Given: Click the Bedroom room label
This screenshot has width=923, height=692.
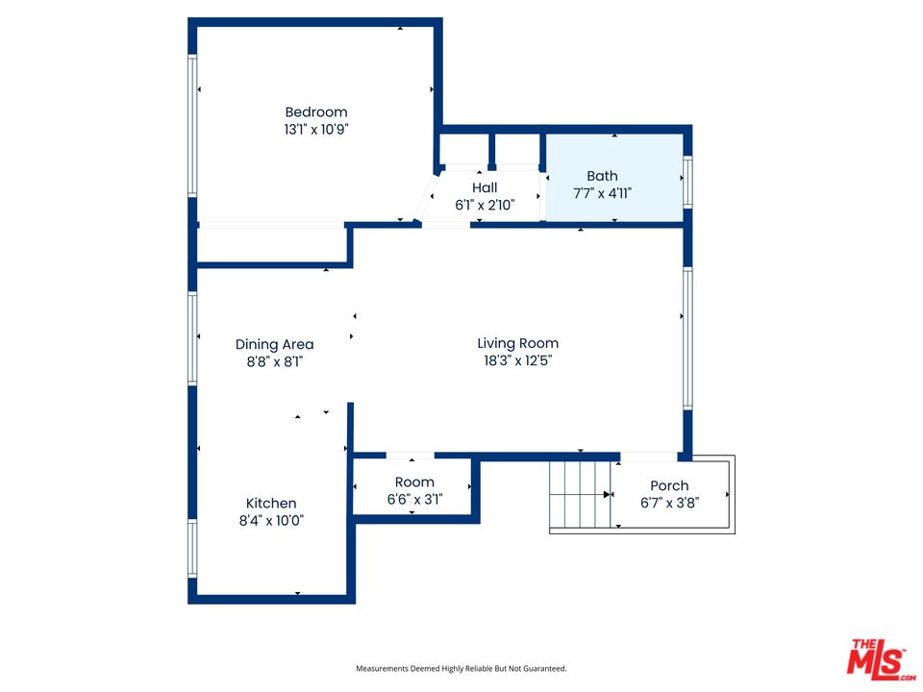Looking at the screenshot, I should (315, 111).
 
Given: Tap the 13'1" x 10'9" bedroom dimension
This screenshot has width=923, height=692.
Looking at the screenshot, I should (315, 129).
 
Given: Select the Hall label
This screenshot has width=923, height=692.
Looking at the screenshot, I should (485, 187).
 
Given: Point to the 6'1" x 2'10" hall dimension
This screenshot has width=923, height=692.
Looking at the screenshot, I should (485, 205).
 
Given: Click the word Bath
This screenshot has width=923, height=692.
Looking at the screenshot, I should (602, 176).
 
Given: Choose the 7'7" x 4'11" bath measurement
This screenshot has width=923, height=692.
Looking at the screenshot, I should (602, 193).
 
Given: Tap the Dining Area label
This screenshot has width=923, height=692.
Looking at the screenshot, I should (274, 344).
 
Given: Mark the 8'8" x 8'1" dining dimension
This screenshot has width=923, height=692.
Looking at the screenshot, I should (274, 361).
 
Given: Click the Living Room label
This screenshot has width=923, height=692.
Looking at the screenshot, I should (517, 343).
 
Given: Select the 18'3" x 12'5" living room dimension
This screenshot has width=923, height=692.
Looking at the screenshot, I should (517, 360).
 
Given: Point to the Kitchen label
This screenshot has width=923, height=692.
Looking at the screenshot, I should (271, 503).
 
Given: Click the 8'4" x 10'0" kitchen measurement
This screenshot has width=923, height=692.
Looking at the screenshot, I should (271, 520).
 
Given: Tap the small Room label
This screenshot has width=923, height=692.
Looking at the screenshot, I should (414, 482).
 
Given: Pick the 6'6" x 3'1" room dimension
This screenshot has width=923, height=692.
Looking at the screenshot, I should (414, 499).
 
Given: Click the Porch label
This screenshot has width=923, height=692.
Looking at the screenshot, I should (669, 485).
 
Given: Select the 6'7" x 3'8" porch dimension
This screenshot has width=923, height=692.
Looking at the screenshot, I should (669, 503).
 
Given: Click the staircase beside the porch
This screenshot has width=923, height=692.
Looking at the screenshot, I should (580, 494).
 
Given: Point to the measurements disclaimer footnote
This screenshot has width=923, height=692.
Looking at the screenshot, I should (461, 668).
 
